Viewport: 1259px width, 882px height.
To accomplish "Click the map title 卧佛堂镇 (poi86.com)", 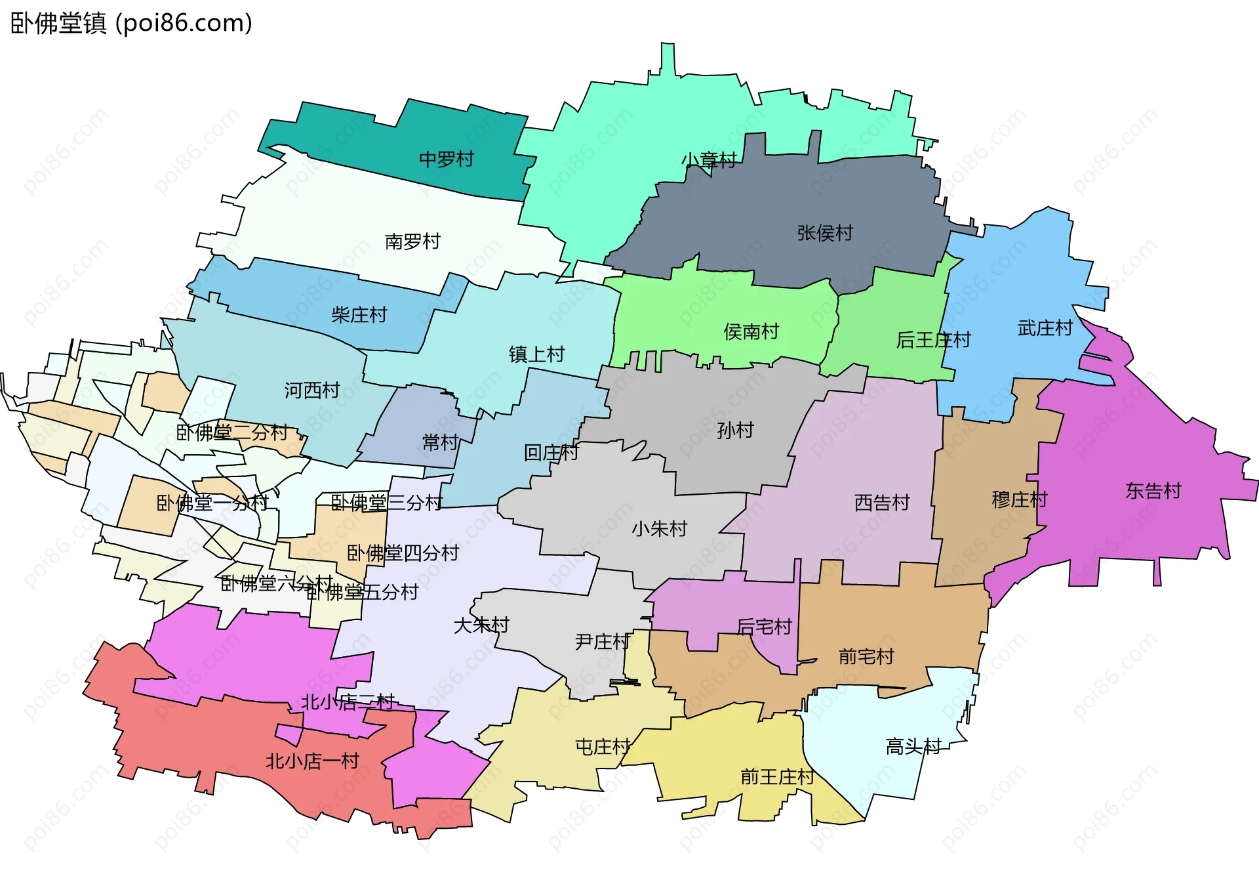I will coord(131,24).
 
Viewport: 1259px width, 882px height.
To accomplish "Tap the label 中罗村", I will coord(446,159).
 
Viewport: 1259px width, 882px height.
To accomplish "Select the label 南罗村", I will coord(412,241).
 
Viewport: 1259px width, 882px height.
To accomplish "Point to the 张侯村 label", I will coord(824,233).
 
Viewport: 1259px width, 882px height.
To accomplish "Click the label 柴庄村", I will coord(359,315).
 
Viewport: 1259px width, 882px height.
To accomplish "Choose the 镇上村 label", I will coord(536,354).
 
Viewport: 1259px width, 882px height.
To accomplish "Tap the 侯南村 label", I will coord(751,331).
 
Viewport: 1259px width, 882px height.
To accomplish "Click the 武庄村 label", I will coord(1045,328).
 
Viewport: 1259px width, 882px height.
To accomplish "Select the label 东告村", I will coord(1153,491).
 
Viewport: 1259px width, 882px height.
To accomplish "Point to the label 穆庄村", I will coord(1019,500).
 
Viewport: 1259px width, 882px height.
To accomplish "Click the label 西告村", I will coord(882,503).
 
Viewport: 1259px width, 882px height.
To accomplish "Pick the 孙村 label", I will coord(735,430).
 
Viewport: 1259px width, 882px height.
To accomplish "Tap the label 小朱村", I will coord(659,529).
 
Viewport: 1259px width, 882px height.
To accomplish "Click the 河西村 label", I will coord(311,390).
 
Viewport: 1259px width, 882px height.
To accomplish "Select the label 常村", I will coord(440,442).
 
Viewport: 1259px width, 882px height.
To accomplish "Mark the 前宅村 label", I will coord(866,656).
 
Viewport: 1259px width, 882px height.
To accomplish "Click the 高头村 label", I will coord(913,746).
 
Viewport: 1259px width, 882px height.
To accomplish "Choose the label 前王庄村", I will coord(776,777).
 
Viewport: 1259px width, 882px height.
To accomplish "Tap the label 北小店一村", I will coord(312,761).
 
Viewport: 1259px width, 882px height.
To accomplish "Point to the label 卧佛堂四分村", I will coord(402,553).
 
